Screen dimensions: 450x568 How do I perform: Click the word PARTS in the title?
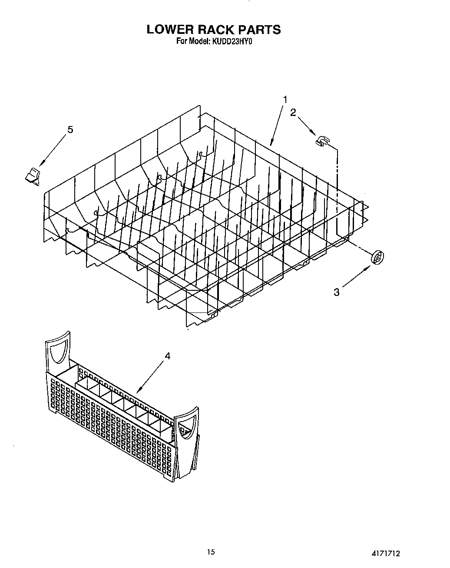click(x=260, y=30)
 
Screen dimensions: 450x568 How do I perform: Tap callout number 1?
click(x=285, y=100)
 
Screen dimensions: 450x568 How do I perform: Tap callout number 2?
click(x=293, y=113)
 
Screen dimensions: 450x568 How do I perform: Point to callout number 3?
click(x=337, y=292)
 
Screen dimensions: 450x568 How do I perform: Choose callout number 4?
click(x=167, y=356)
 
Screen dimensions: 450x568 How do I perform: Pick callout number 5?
click(x=70, y=130)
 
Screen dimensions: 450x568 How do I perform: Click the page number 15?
click(x=211, y=552)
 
